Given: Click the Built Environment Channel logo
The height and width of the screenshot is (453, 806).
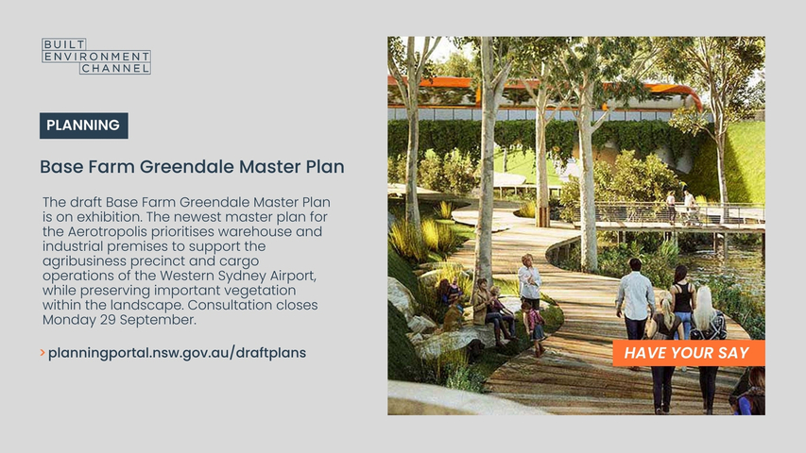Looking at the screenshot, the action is (x=96, y=56).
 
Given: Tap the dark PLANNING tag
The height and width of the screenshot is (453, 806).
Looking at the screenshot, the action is (x=84, y=126).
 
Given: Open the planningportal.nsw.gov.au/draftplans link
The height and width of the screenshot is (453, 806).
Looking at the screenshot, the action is (x=177, y=353).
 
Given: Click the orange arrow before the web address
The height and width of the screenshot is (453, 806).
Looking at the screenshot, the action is (x=43, y=353).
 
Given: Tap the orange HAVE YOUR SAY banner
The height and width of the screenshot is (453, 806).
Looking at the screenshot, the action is (x=688, y=353).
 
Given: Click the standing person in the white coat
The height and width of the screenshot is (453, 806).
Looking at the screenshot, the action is (x=529, y=280).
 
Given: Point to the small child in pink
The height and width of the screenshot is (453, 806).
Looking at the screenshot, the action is (x=535, y=328).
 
